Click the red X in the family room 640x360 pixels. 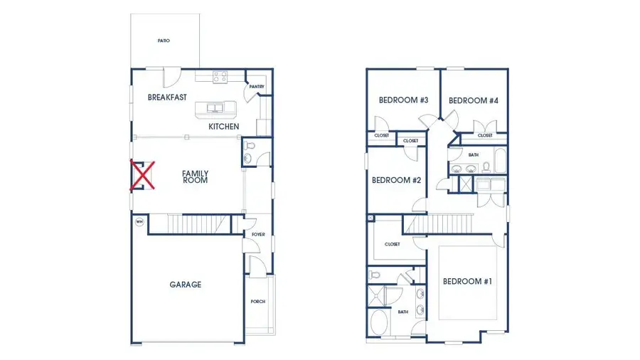142,176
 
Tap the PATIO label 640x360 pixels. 164,41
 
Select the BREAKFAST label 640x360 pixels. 167,97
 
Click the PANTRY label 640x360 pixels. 257,87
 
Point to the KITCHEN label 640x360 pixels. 223,127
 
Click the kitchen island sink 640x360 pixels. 215,108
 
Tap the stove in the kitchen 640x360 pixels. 220,76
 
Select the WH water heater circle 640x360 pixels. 139,221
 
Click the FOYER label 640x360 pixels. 258,234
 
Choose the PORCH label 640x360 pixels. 257,302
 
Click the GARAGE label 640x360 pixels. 185,285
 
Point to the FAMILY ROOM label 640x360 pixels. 195,176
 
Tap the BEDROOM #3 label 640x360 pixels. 403,100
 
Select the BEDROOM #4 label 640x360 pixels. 473,100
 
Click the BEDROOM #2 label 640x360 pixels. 396,180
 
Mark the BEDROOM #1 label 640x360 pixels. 467,282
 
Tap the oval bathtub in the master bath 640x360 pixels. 379,325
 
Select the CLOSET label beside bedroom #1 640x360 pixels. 392,244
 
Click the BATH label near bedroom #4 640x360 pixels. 474,154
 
